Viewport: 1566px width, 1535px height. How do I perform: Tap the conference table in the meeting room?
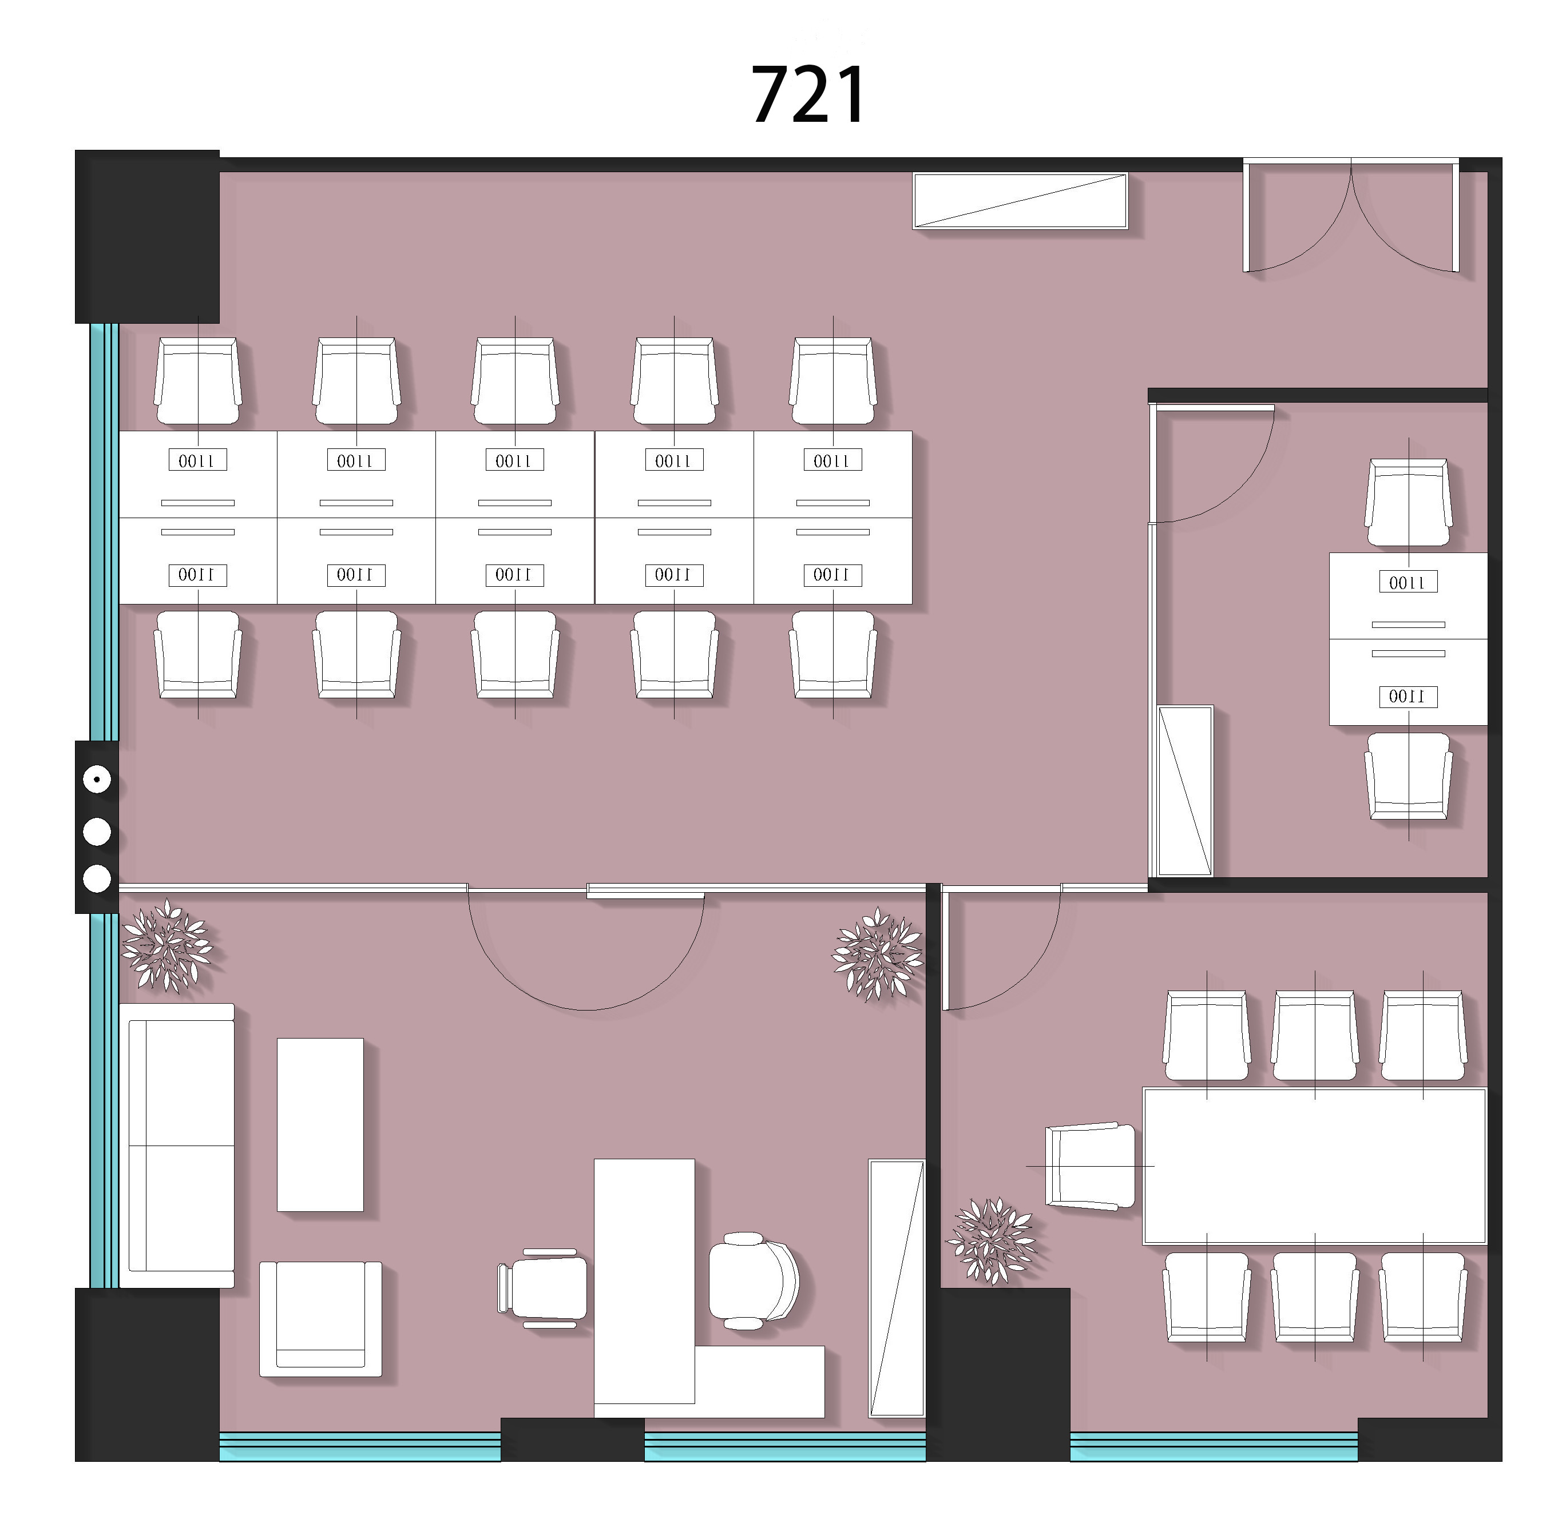[x=1314, y=1165]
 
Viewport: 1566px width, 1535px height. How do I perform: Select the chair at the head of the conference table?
[x=1089, y=1166]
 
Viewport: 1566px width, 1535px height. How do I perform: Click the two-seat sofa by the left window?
[x=177, y=1145]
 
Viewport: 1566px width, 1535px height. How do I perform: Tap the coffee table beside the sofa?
[x=320, y=1124]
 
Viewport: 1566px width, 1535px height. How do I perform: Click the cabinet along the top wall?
[x=1020, y=201]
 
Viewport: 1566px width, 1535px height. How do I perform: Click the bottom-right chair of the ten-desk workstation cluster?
[x=833, y=655]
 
